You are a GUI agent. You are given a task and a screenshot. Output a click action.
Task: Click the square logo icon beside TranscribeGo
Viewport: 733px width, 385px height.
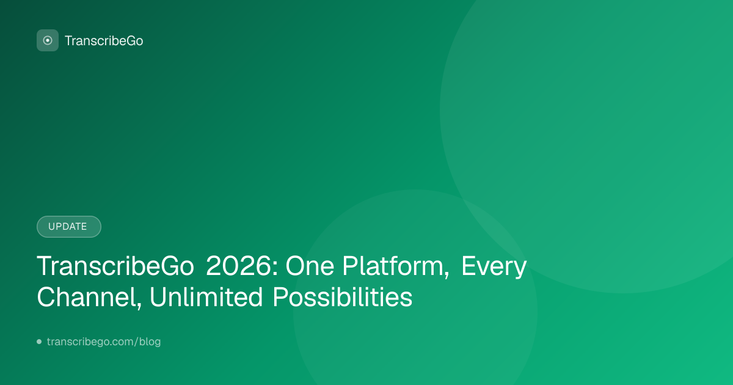point(48,40)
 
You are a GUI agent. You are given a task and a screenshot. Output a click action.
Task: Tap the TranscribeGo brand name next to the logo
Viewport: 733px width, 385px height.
point(104,41)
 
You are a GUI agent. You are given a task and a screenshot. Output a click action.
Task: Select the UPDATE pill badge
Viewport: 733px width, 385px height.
point(68,227)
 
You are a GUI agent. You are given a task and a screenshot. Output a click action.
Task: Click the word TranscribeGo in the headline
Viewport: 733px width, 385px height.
point(115,266)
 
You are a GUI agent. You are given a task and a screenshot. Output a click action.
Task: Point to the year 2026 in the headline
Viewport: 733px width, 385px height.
point(239,266)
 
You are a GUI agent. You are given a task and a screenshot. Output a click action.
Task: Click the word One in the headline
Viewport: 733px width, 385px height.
point(310,266)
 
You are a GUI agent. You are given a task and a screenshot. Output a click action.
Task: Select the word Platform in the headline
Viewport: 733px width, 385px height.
point(393,266)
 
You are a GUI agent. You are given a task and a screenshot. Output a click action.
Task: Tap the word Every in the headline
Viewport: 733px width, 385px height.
point(494,267)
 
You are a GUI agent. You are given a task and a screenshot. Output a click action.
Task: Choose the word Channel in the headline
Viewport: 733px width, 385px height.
point(86,297)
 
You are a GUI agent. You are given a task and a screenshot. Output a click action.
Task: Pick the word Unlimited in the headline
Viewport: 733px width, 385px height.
point(206,297)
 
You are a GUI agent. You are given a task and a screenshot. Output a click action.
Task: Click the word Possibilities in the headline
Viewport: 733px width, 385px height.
point(342,297)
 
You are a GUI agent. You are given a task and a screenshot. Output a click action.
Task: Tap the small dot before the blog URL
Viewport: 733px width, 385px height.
point(39,342)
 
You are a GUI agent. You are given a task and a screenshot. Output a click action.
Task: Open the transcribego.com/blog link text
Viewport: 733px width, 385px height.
point(104,342)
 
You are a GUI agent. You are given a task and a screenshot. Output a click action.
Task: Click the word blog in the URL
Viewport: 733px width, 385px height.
point(150,342)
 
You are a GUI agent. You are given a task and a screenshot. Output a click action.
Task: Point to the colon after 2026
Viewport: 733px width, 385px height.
point(275,269)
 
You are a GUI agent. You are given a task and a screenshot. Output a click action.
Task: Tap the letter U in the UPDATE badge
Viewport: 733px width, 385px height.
point(52,227)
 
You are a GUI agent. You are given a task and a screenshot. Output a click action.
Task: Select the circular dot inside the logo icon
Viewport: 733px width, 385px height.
point(48,40)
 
